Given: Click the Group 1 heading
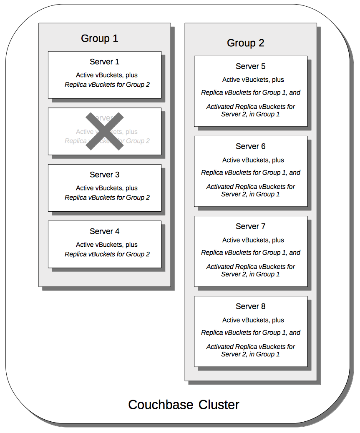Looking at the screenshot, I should pos(100,38).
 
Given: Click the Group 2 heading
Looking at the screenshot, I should pos(245,43).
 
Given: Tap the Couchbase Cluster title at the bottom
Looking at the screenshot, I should pos(184,405).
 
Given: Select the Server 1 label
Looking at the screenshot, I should pos(104,62).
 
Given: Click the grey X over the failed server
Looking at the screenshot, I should pos(104,131).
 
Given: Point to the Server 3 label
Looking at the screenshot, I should pos(104,175).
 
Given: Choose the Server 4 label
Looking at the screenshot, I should pos(104,231).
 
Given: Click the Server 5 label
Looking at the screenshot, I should pos(250,66).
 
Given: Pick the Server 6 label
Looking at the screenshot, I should pos(250,146).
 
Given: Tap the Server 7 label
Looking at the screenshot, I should pos(250,226).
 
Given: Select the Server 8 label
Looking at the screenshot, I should pos(250,306).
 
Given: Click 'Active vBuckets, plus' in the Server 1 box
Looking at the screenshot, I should pos(107,75).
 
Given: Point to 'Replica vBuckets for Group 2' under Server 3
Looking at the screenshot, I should pos(107,198).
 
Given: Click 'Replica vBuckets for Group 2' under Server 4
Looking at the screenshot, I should pos(107,254).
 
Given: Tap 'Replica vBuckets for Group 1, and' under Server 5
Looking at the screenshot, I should pos(251,93).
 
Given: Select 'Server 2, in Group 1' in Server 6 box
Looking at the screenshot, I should pos(250,194).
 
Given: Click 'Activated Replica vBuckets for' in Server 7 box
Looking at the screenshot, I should pos(251,267).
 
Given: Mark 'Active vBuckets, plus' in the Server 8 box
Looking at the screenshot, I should pos(253,320).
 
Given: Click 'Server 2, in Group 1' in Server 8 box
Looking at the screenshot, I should pos(250,354).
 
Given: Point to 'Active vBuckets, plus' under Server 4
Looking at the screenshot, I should pos(107,245).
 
